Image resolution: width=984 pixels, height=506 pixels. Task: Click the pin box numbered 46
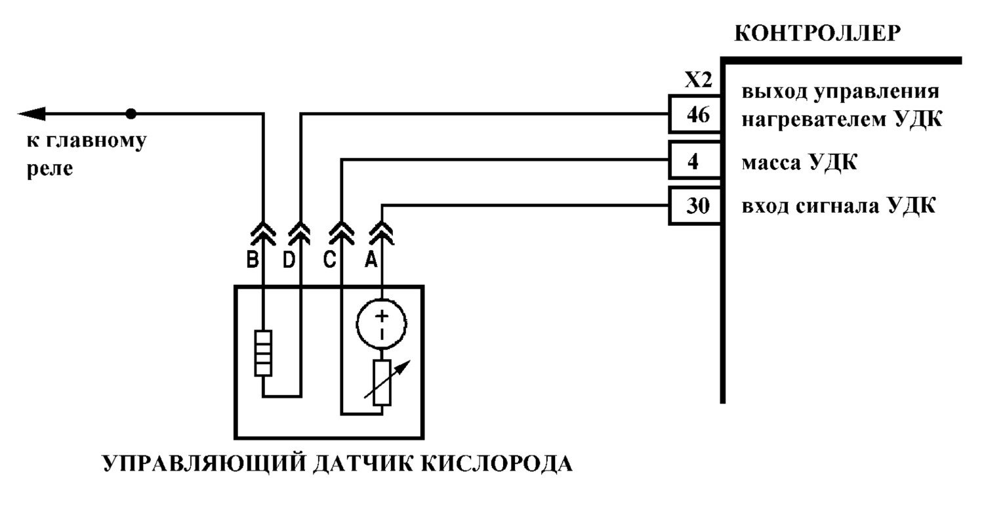pos(695,114)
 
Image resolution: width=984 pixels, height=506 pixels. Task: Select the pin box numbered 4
pos(695,160)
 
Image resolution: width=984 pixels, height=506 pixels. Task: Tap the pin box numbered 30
pos(695,205)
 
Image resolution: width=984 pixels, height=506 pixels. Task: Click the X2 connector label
pos(698,81)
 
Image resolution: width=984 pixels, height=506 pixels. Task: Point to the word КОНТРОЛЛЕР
pos(817,33)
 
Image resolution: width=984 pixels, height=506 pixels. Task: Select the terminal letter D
pos(289,260)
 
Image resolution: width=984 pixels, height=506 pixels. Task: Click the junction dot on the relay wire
pos(131,114)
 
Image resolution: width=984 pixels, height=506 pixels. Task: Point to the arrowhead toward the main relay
pos(31,114)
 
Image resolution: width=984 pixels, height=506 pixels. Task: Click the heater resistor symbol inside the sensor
pos(263,353)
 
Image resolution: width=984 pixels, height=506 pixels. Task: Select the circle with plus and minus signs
pos(381,324)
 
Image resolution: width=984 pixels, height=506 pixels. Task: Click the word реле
pos(50,169)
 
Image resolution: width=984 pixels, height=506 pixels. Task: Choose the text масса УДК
pos(800,163)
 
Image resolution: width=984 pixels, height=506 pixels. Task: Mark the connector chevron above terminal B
pos(263,233)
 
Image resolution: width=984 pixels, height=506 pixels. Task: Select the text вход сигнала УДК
pos(838,205)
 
